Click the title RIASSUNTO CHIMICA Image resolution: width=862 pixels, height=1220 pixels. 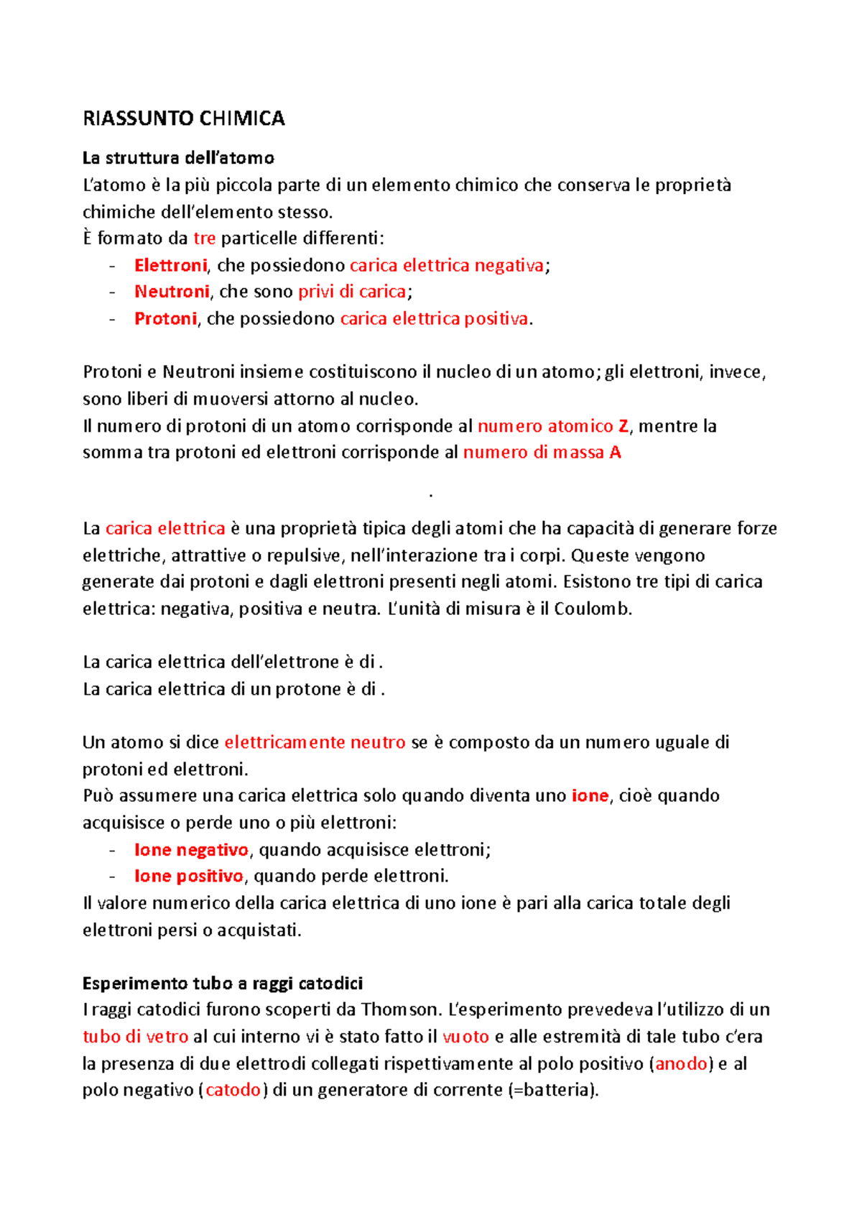(184, 119)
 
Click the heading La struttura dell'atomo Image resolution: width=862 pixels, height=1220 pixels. (178, 158)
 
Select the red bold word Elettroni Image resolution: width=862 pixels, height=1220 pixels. (170, 265)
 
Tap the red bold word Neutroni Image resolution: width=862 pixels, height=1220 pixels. (172, 292)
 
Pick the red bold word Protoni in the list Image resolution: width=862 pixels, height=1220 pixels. (165, 318)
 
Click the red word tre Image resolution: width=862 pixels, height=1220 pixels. (205, 239)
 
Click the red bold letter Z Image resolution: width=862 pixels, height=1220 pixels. (623, 426)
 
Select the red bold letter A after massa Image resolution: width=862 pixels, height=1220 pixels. (615, 453)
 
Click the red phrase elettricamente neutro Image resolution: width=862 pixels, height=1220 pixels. (315, 742)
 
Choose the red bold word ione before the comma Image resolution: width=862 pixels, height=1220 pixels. (590, 796)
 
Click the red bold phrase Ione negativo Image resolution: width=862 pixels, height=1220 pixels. (191, 850)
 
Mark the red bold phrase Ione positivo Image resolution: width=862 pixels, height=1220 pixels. (189, 877)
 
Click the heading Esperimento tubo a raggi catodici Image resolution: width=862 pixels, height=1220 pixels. (223, 983)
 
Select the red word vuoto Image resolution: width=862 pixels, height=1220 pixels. (465, 1037)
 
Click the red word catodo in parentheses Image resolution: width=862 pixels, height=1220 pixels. (233, 1090)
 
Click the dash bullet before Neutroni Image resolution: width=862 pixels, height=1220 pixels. (112, 292)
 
